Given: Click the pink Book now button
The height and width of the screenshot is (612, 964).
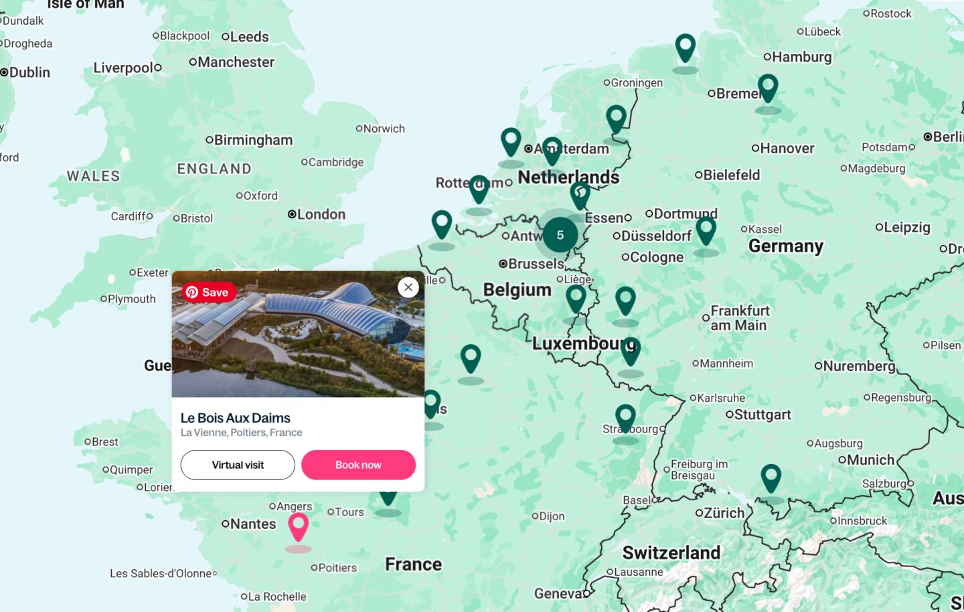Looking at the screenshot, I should click(358, 465).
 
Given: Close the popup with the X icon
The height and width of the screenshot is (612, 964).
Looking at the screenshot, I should click(408, 287).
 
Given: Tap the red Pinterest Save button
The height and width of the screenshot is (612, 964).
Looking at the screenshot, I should click(209, 292).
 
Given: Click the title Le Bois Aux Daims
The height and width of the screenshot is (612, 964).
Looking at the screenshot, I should click(235, 418).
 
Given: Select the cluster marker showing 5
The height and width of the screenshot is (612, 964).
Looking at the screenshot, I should click(560, 235).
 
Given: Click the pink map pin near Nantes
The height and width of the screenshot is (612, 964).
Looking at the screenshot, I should click(298, 526).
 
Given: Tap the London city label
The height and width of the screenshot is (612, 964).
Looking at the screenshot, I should click(321, 214).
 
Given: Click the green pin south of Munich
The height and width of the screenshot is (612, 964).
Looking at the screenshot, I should click(771, 478).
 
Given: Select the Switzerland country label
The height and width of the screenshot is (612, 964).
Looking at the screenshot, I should click(671, 552).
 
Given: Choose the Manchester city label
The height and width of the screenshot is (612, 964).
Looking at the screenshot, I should click(236, 62).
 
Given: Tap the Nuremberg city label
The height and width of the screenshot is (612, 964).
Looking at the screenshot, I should click(858, 366).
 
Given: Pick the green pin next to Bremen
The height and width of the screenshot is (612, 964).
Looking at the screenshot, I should click(768, 88).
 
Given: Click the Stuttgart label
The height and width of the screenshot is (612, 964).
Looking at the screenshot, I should click(762, 414).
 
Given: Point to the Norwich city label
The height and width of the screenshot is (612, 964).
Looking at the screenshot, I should click(384, 129).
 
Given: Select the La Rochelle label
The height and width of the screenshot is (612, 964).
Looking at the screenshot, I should click(276, 597).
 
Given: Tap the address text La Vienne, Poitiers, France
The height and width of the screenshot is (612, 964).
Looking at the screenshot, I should click(241, 433).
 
